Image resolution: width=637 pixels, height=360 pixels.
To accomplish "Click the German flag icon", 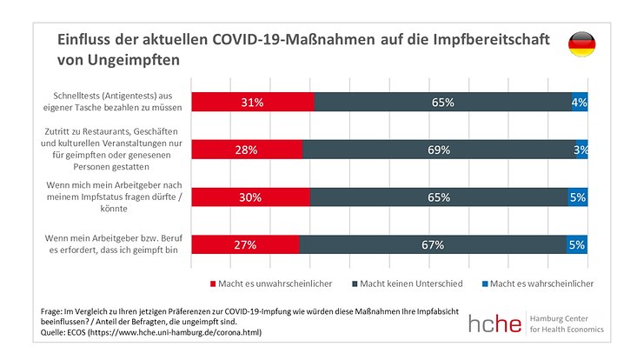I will point(581,44).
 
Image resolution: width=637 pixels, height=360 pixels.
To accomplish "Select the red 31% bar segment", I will point(252,103).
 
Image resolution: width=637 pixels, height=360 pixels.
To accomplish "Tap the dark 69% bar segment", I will point(439,150).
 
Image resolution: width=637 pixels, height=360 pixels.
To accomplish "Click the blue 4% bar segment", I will point(580,103).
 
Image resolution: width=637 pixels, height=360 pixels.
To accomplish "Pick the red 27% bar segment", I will point(245,245).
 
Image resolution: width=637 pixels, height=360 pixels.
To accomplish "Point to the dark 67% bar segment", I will point(433,245).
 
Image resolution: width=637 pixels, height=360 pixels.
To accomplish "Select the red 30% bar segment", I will point(250,197).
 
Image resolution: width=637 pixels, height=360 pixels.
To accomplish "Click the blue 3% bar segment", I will point(581,150).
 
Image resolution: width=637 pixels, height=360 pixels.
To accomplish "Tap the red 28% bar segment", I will point(247,150).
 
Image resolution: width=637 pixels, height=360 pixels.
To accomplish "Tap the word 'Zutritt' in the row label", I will point(52,131).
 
